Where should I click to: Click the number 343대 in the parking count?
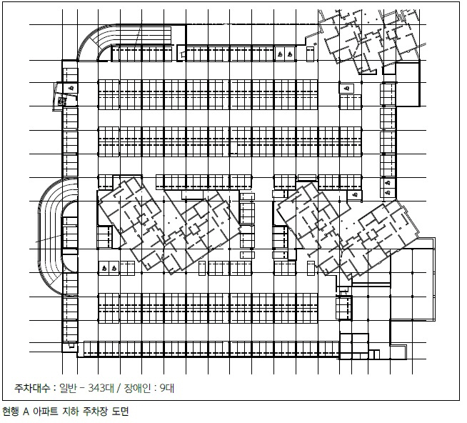point(101,388)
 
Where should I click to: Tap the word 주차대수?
point(32,388)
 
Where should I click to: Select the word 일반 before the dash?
point(68,388)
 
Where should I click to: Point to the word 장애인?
point(137,388)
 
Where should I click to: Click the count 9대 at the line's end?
point(167,388)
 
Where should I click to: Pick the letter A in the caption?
point(26,412)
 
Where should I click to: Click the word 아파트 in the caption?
point(45,412)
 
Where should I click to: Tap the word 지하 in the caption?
point(70,412)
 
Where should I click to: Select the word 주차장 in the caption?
point(95,412)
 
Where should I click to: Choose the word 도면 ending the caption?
point(121,412)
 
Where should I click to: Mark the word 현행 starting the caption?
point(11,412)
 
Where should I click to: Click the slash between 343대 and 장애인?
point(119,388)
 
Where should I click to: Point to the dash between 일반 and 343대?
point(82,388)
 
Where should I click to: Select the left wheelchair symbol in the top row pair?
point(280,54)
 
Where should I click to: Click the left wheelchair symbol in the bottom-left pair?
point(104,268)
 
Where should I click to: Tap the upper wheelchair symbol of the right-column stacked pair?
point(388,183)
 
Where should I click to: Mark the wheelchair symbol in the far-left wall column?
point(71,88)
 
